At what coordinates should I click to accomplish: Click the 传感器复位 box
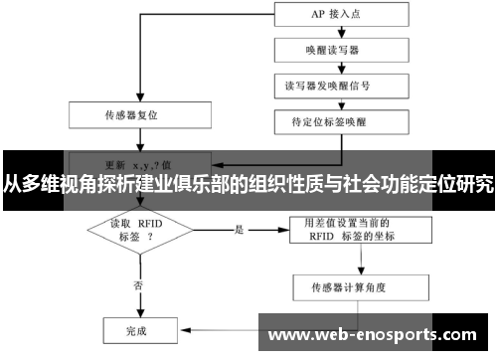[138, 113]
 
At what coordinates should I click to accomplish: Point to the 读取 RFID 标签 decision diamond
[138, 231]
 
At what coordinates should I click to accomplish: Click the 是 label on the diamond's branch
[239, 229]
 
